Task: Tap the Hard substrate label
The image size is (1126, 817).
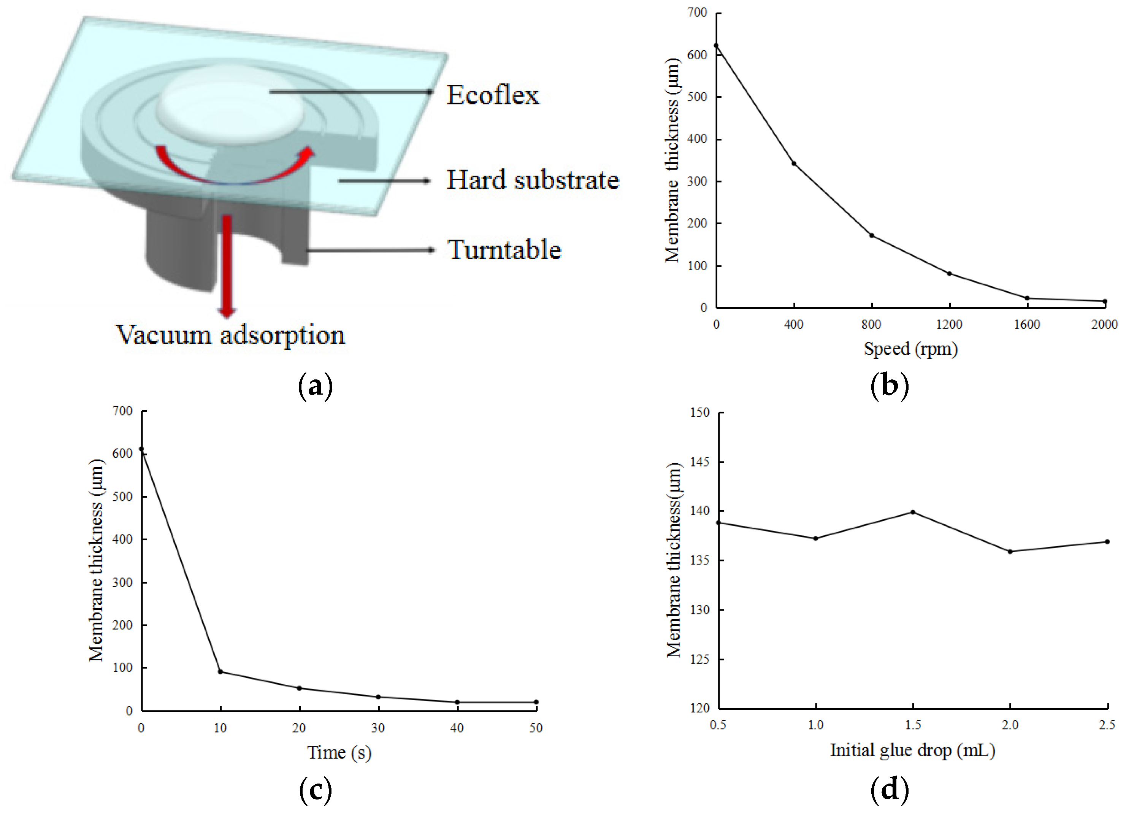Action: [x=533, y=180]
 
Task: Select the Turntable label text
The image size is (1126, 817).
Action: [x=504, y=249]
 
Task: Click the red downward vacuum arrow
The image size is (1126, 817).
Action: [x=227, y=263]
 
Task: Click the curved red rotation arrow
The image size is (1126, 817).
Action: [x=233, y=171]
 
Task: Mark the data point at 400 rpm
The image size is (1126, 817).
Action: [x=794, y=163]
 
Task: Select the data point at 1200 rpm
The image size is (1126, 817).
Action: [x=949, y=274]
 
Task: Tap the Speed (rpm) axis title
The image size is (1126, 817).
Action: [x=910, y=349]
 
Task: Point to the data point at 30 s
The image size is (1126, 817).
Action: [x=378, y=697]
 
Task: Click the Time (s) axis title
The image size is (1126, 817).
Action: [x=339, y=752]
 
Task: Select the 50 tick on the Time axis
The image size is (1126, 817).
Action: [x=536, y=728]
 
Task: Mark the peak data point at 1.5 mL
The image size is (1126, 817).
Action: [x=912, y=512]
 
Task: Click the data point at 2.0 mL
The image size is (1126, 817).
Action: [x=1010, y=551]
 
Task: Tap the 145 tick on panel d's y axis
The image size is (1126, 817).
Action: [x=700, y=462]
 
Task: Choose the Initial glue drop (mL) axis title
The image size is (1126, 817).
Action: [x=912, y=750]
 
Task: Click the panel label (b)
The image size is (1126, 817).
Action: [x=890, y=386]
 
